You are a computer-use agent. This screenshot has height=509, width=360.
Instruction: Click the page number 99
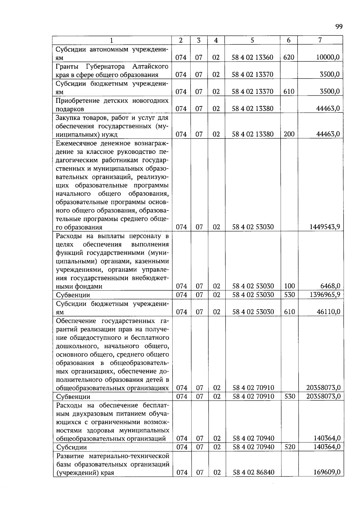tap(339, 27)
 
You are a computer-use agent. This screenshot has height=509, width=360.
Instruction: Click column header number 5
tap(252, 40)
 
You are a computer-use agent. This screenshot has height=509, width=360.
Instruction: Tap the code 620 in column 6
tap(289, 57)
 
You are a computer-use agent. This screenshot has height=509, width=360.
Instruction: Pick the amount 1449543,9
tap(325, 227)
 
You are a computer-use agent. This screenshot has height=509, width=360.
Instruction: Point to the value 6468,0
tap(330, 286)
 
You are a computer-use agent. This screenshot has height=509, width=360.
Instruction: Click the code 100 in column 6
tap(289, 286)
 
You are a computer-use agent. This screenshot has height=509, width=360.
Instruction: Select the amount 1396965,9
tap(325, 295)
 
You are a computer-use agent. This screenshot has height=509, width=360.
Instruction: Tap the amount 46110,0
tap(328, 312)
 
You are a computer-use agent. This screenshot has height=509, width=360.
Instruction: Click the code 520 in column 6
tap(289, 447)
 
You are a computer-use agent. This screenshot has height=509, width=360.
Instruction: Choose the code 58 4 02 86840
tap(253, 473)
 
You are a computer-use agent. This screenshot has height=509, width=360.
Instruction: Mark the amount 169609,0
tap(327, 472)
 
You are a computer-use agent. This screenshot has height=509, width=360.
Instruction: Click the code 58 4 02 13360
tap(252, 57)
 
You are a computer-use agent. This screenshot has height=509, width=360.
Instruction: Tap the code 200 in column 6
tap(289, 134)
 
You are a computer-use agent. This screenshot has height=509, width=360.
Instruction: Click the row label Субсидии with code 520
tap(71, 447)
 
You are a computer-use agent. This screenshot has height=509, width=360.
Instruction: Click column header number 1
tap(112, 40)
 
